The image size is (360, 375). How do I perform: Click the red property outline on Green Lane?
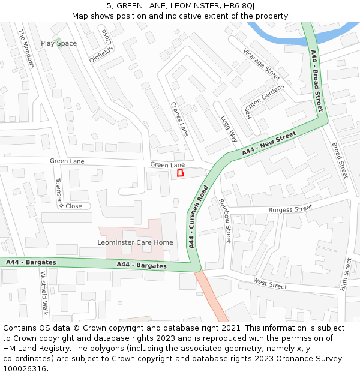click(179, 173)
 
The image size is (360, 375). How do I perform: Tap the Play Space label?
click(59, 43)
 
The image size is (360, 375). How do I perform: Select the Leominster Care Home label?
click(135, 242)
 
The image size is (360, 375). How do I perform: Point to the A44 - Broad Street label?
click(317, 81)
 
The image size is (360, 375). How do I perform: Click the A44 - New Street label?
click(269, 145)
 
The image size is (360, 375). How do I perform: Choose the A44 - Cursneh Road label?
click(197, 217)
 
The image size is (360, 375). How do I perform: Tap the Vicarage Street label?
click(262, 64)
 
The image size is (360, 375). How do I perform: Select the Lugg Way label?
click(229, 129)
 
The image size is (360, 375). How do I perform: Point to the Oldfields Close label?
click(100, 47)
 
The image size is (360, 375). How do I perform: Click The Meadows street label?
click(27, 49)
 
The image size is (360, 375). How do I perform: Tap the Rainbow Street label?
click(225, 220)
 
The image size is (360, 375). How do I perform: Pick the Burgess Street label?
click(290, 209)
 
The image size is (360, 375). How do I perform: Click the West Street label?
click(270, 283)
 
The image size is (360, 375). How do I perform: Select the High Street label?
click(346, 275)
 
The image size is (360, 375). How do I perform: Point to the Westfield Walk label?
click(44, 293)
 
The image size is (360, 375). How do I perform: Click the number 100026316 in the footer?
click(25, 368)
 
